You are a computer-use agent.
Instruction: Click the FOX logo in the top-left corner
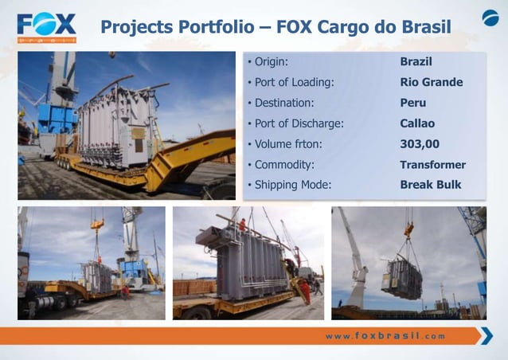(x=46, y=26)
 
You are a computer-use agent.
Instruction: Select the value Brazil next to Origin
(x=416, y=61)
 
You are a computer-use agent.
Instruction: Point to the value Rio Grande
(x=431, y=82)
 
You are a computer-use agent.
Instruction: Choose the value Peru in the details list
(x=412, y=103)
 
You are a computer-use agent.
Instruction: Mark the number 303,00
(x=420, y=144)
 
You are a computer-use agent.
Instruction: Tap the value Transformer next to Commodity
(x=432, y=165)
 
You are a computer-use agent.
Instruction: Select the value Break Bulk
(x=430, y=185)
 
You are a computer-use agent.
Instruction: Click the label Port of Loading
(x=293, y=82)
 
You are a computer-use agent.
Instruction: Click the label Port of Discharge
(x=299, y=123)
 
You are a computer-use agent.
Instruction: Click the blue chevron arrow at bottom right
(x=484, y=335)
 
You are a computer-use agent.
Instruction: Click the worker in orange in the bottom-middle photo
(x=305, y=290)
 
